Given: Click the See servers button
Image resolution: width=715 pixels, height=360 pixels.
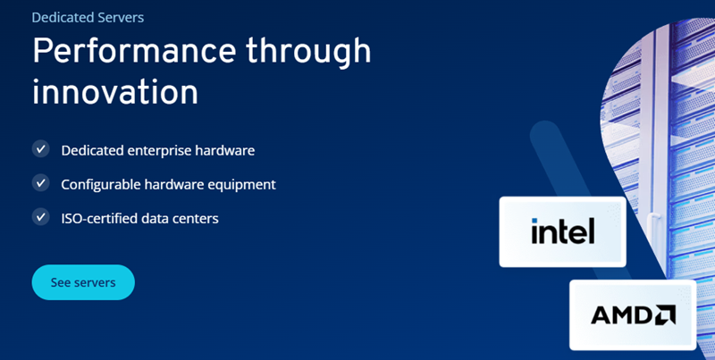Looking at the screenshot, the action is tap(83, 282).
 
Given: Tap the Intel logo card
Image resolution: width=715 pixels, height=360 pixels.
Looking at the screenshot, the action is tap(562, 231).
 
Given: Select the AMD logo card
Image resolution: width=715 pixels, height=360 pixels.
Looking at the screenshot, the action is tap(633, 314).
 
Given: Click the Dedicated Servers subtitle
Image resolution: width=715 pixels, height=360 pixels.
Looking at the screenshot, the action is tap(88, 17).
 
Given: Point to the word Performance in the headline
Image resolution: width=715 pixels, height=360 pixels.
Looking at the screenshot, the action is tap(134, 50).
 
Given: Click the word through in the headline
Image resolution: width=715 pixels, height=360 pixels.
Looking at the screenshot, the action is tap(308, 52).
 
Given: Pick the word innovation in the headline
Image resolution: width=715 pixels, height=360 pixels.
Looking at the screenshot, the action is tap(115, 92).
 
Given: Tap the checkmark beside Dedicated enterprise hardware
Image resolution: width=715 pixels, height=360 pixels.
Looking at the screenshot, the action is tap(40, 148).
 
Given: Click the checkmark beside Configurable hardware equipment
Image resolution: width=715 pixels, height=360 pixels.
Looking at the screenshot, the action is tap(40, 183).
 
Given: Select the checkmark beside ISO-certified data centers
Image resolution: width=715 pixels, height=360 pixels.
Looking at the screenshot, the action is tap(40, 216).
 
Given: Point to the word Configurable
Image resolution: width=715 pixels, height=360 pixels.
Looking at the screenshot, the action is tap(101, 185).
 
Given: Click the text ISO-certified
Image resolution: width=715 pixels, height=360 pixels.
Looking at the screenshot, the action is tap(99, 218).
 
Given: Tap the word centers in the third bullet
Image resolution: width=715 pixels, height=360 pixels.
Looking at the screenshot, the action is tap(198, 219).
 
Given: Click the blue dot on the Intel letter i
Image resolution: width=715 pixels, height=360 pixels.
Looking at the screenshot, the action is tap(534, 221).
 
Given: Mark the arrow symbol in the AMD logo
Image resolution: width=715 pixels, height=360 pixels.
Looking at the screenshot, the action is tap(666, 315).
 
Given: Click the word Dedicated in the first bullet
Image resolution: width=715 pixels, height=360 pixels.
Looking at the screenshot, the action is tap(93, 150).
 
